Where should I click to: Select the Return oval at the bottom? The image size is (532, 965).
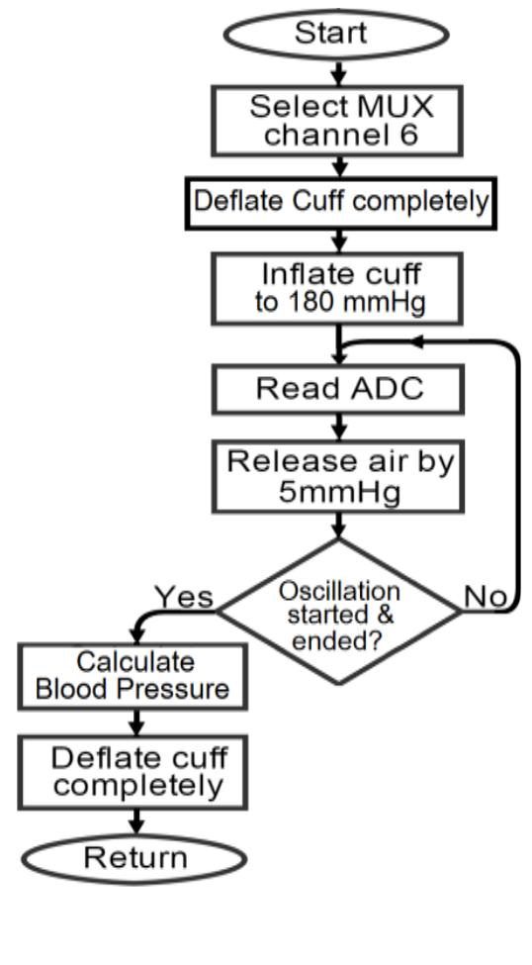pyautogui.click(x=135, y=857)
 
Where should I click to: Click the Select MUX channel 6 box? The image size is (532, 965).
pyautogui.click(x=339, y=121)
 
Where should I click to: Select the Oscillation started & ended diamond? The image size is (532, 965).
pyautogui.click(x=339, y=611)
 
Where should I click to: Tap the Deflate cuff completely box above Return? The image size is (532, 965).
pyautogui.click(x=137, y=773)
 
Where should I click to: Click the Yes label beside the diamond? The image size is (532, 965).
pyautogui.click(x=183, y=597)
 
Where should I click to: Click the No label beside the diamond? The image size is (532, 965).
pyautogui.click(x=485, y=597)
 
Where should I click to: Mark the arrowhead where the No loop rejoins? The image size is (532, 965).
pyautogui.click(x=417, y=341)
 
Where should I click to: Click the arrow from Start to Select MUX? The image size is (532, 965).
pyautogui.click(x=339, y=72)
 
